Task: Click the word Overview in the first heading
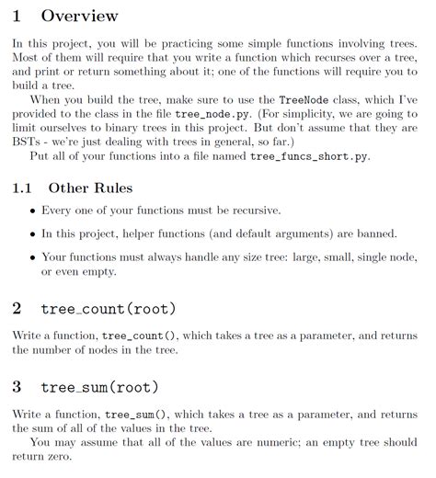click(79, 16)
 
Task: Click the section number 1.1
click(23, 188)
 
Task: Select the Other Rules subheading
click(90, 188)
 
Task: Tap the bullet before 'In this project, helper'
click(34, 234)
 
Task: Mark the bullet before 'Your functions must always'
click(34, 258)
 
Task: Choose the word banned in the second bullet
click(375, 234)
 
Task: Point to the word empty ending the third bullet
click(118, 272)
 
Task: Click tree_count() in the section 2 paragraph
click(137, 336)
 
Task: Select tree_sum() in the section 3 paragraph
click(132, 415)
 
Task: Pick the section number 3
click(17, 387)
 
